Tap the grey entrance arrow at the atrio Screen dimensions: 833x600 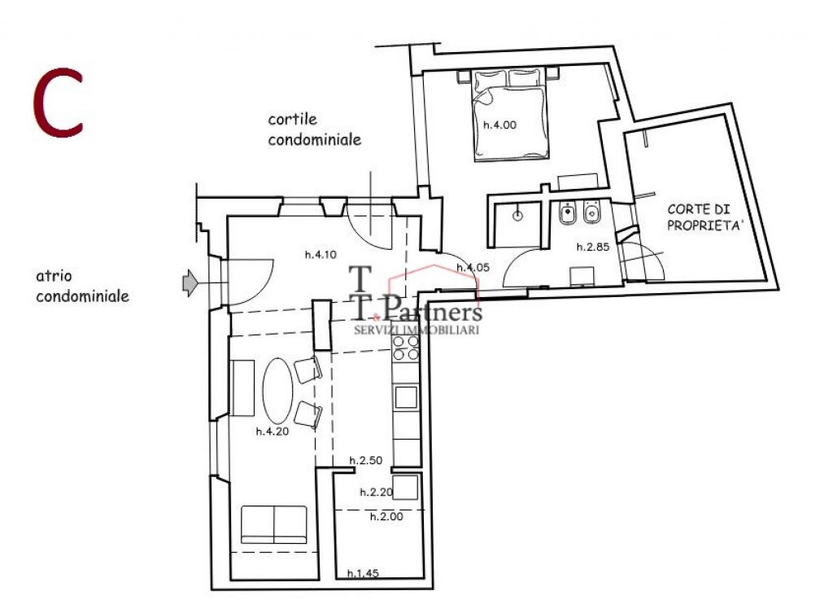(x=189, y=282)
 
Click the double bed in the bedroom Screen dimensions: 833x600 (x=509, y=116)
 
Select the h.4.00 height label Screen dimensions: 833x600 (x=499, y=125)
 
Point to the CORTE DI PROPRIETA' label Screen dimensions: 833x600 (x=704, y=217)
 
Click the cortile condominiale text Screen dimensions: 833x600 (x=315, y=129)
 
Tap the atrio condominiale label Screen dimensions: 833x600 (x=82, y=286)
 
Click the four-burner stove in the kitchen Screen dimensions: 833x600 (x=405, y=348)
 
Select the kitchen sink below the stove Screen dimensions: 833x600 (x=406, y=397)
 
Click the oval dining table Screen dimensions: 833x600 (x=278, y=391)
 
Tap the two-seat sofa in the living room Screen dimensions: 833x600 (x=274, y=524)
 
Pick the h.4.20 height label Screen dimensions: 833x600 (x=272, y=431)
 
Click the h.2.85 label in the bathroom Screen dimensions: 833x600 (x=593, y=247)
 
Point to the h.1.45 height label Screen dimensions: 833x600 (x=363, y=573)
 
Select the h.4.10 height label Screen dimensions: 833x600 (x=321, y=255)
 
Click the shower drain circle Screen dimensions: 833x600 (x=517, y=216)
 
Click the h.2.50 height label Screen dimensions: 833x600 (x=365, y=461)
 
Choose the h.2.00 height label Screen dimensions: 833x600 (x=386, y=516)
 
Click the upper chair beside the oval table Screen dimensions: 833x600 (x=308, y=369)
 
